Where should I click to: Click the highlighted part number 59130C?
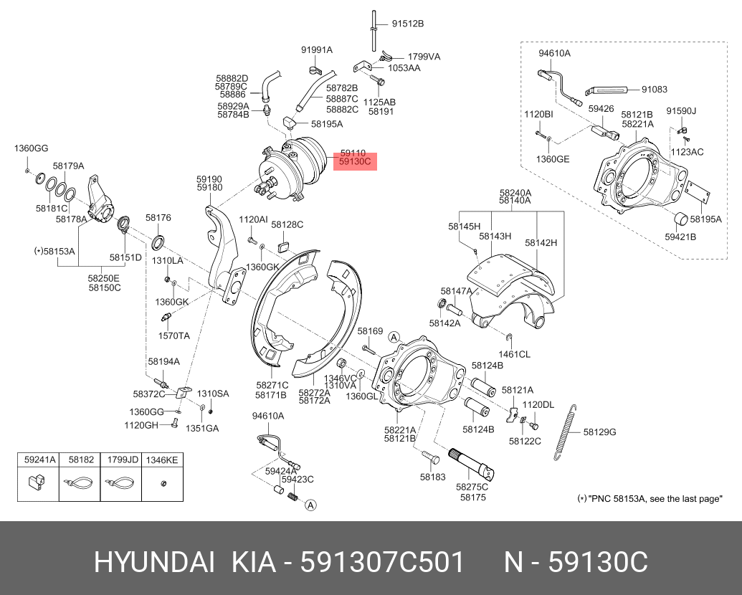tap(355, 162)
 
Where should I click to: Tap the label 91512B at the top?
tap(407, 24)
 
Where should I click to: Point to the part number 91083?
tap(654, 90)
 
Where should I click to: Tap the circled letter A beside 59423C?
tap(310, 505)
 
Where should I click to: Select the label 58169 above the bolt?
tap(371, 331)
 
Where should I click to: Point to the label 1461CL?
tap(514, 354)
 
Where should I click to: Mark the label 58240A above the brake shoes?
tap(515, 193)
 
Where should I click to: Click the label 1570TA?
tap(174, 335)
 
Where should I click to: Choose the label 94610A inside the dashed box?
tap(554, 53)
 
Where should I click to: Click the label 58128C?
tap(287, 224)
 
